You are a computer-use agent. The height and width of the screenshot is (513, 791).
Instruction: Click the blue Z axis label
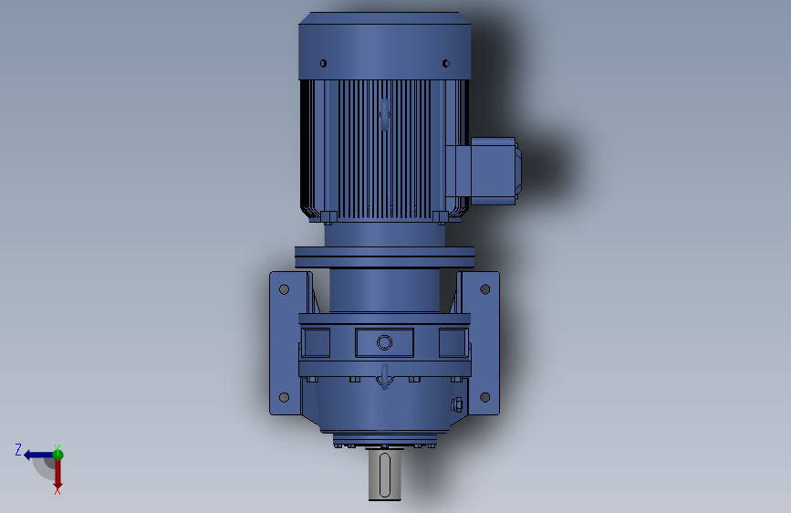click(18, 449)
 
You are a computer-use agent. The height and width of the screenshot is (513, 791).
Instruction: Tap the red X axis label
click(57, 490)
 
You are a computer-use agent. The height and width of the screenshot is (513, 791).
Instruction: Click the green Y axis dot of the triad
click(57, 453)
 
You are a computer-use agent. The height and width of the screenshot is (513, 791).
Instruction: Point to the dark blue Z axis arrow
click(36, 454)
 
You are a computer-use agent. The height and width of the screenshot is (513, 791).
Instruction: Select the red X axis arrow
click(57, 473)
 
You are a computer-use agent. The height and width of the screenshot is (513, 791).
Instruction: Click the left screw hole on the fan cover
click(323, 63)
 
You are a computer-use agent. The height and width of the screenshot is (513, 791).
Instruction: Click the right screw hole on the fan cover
click(445, 63)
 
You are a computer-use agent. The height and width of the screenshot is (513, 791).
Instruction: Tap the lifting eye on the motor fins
click(384, 115)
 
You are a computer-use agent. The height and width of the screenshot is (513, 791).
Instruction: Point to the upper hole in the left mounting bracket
click(284, 289)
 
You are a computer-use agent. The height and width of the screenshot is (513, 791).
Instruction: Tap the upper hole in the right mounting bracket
click(484, 289)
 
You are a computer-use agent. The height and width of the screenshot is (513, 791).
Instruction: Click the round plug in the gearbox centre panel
click(384, 342)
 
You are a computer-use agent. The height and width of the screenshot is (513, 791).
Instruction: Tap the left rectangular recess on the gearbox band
click(316, 342)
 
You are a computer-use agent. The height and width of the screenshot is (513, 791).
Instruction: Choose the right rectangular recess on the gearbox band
click(453, 342)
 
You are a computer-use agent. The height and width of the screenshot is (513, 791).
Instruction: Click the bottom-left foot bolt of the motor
click(327, 217)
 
